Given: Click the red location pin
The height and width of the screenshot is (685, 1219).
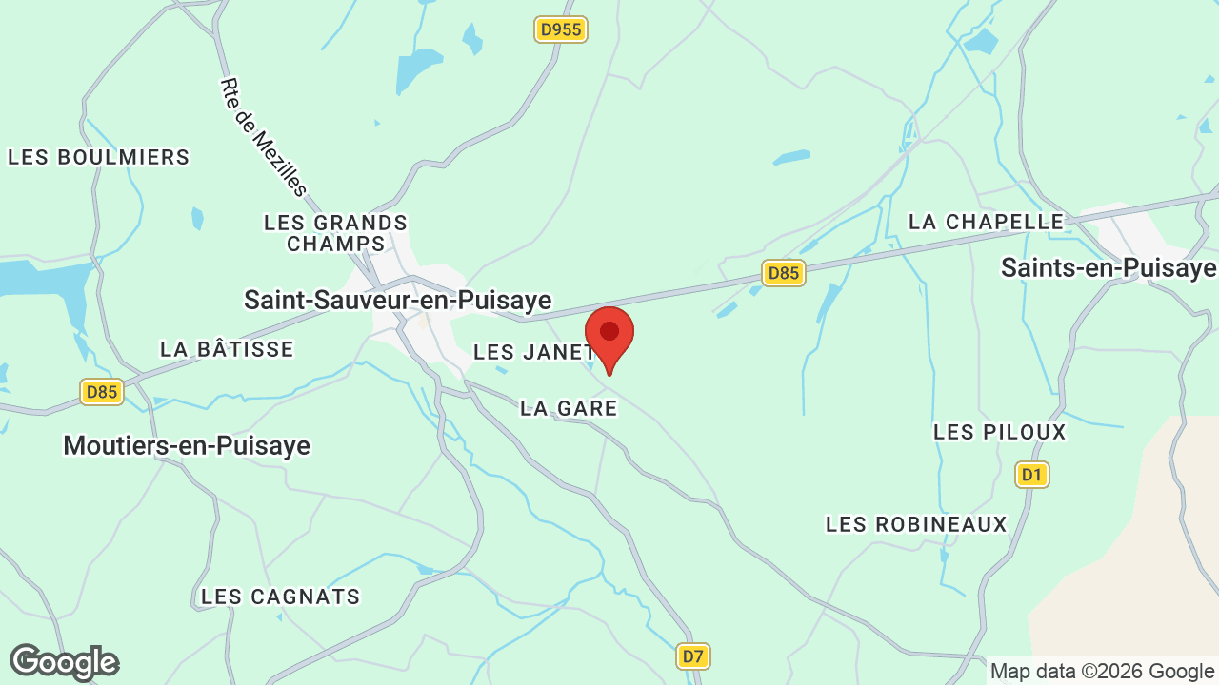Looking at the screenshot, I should [609, 336].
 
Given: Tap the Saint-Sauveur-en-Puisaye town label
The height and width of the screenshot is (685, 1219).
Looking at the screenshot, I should [397, 300].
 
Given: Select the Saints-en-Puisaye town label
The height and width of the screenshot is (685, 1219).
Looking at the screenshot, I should [1109, 267].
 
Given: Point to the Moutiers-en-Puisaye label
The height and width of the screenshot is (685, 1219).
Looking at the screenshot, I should [187, 444].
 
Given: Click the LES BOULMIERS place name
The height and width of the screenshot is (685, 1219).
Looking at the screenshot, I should [99, 157].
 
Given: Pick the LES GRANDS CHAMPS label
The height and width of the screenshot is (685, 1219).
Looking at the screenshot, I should [335, 233].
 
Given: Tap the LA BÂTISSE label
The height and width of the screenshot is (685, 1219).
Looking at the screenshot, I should [227, 349].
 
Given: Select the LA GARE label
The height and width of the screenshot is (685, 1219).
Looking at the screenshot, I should [569, 408].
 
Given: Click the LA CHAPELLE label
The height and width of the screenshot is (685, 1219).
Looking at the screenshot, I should [986, 222].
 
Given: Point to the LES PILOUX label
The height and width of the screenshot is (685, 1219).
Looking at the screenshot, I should [1000, 432].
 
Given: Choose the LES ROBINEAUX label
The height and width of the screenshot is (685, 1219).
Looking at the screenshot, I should [916, 524].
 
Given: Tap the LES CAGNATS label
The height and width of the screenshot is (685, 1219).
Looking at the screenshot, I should [281, 597].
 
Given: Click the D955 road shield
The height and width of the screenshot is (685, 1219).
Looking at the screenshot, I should [560, 29].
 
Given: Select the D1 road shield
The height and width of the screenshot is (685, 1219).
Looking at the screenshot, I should [1032, 474].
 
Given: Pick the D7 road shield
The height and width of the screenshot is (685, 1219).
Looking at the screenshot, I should [694, 656].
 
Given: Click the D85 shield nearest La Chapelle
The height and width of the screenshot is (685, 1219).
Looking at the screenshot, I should [784, 273].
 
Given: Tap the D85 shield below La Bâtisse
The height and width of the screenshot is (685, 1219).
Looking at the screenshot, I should [101, 392].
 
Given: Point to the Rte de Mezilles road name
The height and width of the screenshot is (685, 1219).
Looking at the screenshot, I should [264, 137].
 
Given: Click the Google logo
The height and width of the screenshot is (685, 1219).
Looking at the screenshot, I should [64, 662].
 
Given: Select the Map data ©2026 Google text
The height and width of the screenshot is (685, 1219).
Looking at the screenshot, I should [1102, 671].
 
